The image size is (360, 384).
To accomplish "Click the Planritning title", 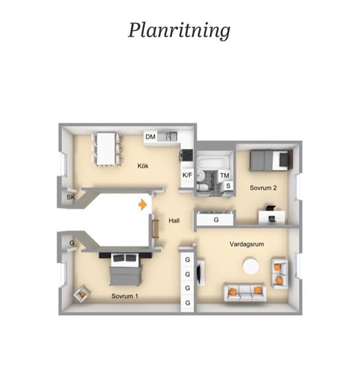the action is [179, 30].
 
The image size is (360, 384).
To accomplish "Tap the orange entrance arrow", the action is [143, 205].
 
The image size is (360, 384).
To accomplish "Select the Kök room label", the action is [143, 166].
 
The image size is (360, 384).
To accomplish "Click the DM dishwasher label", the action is [150, 136].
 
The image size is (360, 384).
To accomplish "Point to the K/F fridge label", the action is [187, 175].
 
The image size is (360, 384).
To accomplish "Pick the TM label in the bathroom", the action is [224, 175].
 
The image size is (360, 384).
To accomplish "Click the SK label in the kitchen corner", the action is [71, 197].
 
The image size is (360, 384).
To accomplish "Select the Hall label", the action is [174, 220].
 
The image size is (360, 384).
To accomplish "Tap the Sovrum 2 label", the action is [263, 188].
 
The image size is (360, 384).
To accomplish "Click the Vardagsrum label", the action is [247, 244].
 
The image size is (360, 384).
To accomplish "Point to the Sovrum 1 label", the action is [125, 296].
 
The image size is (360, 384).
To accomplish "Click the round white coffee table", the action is [251, 265].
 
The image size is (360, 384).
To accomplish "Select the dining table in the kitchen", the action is [106, 149].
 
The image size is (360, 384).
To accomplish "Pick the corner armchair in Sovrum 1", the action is [82, 293].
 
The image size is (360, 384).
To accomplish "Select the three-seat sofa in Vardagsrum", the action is [245, 292].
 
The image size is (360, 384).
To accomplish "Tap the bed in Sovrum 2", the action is [271, 161].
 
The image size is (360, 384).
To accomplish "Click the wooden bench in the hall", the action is [155, 228].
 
